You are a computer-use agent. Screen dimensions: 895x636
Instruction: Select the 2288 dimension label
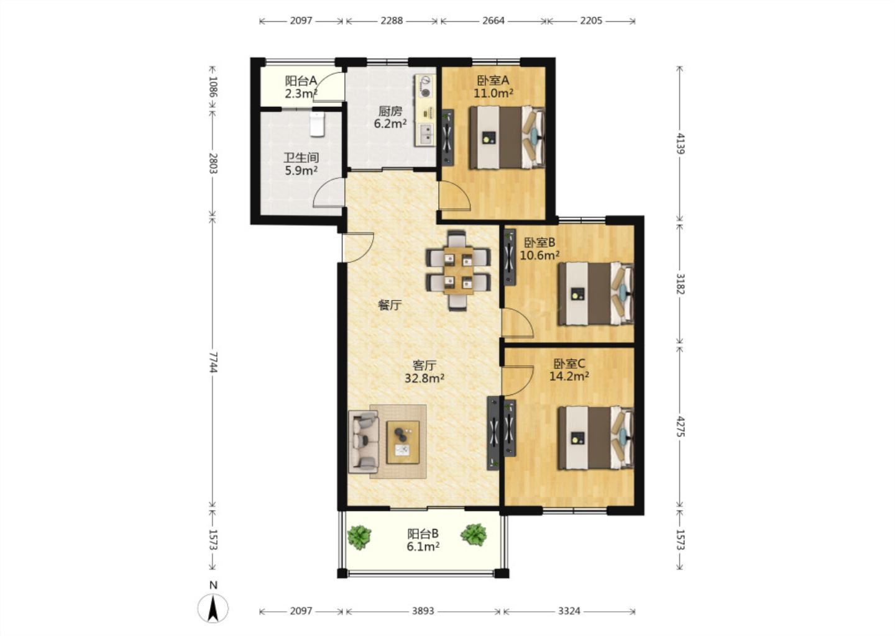[x=392, y=20]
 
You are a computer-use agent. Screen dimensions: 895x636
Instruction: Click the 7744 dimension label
[x=213, y=362]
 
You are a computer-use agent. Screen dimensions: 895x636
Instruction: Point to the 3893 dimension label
[x=423, y=611]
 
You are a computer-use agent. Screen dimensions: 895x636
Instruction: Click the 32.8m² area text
[x=425, y=378]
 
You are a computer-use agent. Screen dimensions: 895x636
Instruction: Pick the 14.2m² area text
[x=569, y=376]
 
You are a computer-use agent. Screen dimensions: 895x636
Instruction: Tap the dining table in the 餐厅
[x=458, y=270]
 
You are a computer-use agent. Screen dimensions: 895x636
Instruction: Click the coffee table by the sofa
[x=403, y=442]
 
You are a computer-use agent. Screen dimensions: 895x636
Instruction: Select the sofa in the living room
[x=363, y=442]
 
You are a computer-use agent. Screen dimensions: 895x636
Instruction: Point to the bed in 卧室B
[x=595, y=293]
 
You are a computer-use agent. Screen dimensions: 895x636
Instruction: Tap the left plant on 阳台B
[x=360, y=536]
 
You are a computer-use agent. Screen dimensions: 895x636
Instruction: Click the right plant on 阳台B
[x=474, y=535]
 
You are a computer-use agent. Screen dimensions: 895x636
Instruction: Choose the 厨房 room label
[x=390, y=111]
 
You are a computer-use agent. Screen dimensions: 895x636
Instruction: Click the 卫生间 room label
[x=301, y=158]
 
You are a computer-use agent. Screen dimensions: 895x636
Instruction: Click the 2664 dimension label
[x=493, y=20]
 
